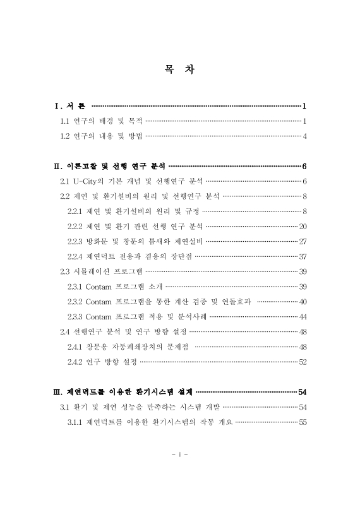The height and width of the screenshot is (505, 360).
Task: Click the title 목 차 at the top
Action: [179, 70]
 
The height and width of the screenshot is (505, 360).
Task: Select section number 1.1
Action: [64, 121]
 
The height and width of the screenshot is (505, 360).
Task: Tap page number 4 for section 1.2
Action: [304, 136]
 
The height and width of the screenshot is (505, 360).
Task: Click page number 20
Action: [302, 226]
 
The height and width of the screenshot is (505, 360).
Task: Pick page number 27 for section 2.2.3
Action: [302, 241]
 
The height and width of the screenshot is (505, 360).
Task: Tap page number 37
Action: [302, 256]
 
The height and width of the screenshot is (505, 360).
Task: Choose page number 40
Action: [302, 302]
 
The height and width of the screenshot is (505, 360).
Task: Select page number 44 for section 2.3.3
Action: [302, 316]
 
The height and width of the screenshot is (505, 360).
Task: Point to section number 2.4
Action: [64, 331]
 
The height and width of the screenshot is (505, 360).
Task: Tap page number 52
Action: [302, 362]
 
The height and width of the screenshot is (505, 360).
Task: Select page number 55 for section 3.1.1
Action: [302, 422]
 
